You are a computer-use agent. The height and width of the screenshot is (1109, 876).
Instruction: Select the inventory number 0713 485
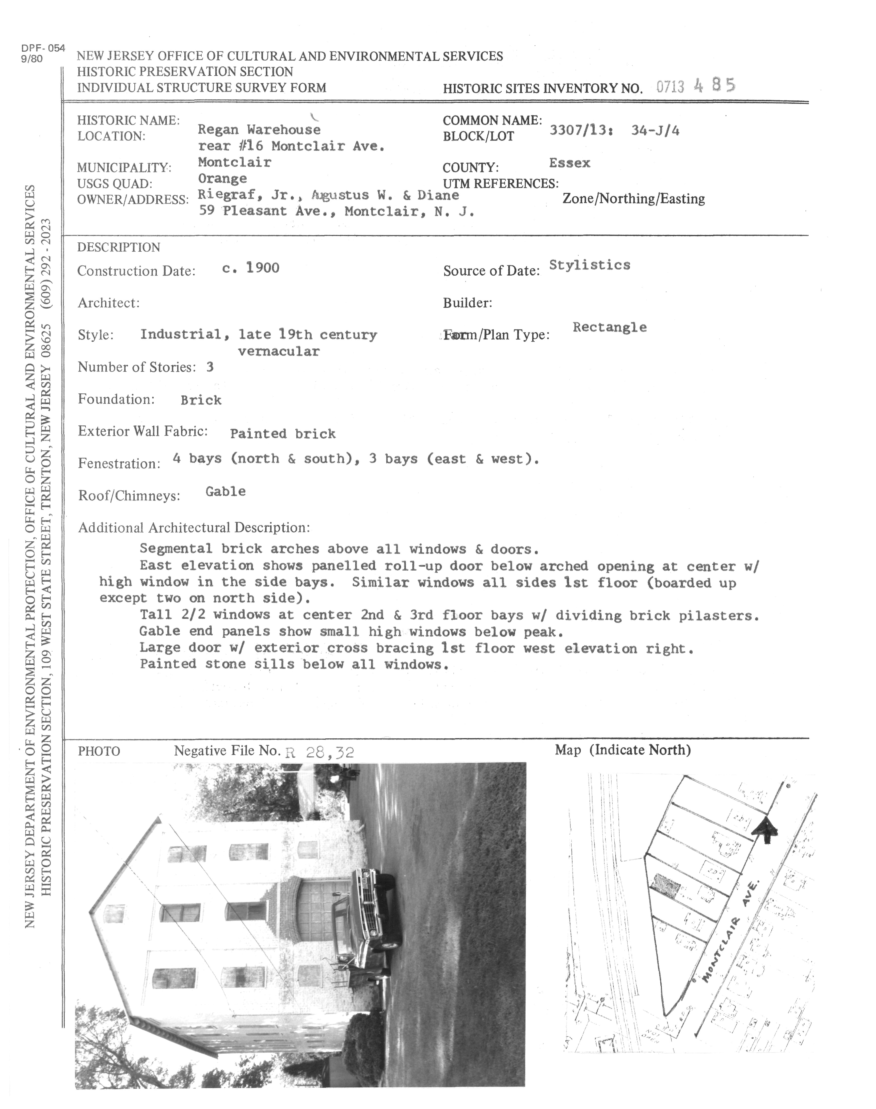pos(696,86)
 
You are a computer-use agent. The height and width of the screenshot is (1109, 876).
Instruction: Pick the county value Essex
pos(569,163)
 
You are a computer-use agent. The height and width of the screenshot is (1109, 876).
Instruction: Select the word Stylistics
pos(589,265)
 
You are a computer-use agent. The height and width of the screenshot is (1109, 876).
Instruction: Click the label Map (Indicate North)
pos(623,750)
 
